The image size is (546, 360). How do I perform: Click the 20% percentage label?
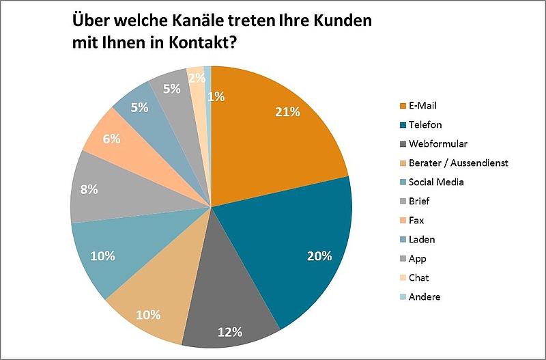pyautogui.click(x=319, y=256)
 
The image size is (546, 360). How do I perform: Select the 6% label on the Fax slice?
pyautogui.click(x=111, y=139)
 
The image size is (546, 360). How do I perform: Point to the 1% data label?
pyautogui.click(x=216, y=96)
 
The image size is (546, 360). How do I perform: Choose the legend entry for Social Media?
pyautogui.click(x=436, y=182)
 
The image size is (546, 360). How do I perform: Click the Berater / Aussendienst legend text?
pyautogui.click(x=458, y=163)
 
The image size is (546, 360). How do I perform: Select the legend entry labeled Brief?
pyautogui.click(x=420, y=202)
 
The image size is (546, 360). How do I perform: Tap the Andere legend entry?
pyautogui.click(x=425, y=297)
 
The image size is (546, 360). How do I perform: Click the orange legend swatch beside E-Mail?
pyautogui.click(x=403, y=106)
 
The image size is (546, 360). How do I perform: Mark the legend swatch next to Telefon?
pyautogui.click(x=403, y=125)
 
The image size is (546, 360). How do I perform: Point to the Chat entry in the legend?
pyautogui.click(x=419, y=278)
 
